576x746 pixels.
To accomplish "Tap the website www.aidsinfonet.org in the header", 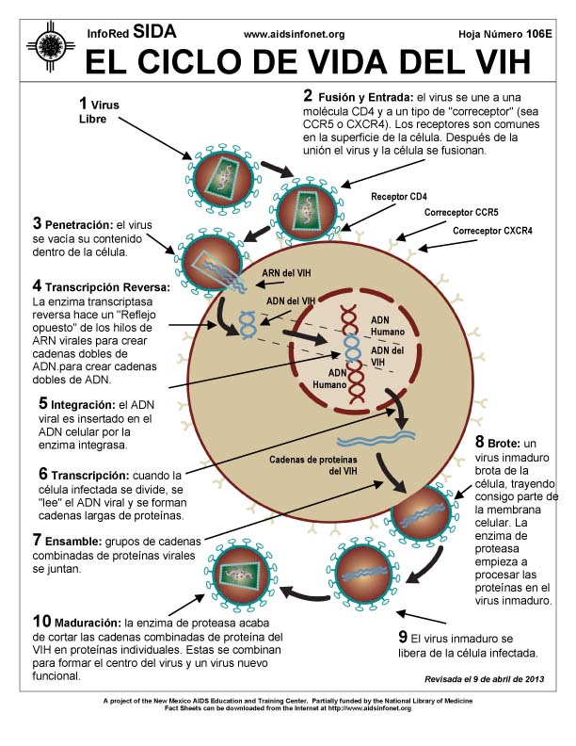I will pos(294,34).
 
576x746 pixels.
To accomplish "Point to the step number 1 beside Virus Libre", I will pos(83,103).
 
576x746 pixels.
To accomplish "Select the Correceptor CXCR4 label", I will pos(492,231).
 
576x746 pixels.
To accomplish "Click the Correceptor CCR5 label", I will pos(461,213).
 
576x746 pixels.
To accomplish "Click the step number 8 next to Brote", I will pos(479,442).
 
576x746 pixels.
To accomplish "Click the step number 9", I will pos(403,636).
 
